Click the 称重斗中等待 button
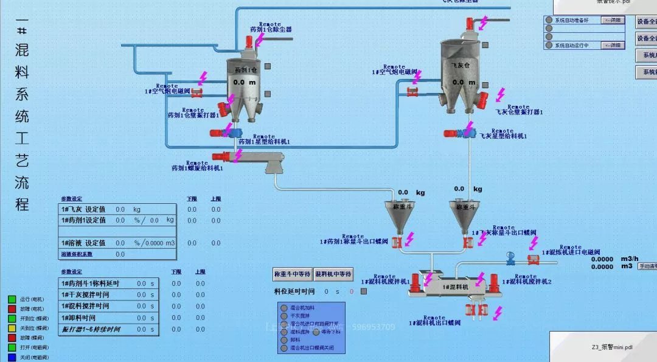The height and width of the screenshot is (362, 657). [x=292, y=274]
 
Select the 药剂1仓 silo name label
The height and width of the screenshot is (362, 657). [x=246, y=70]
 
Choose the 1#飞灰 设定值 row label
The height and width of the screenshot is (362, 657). [x=83, y=209]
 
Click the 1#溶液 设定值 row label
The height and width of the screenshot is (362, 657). [x=83, y=243]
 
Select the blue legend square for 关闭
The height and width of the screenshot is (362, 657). [x=12, y=357]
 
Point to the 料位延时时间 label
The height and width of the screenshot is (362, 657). [x=294, y=292]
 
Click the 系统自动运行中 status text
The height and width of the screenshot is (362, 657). [x=571, y=46]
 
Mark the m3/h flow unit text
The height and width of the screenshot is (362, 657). [x=630, y=259]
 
